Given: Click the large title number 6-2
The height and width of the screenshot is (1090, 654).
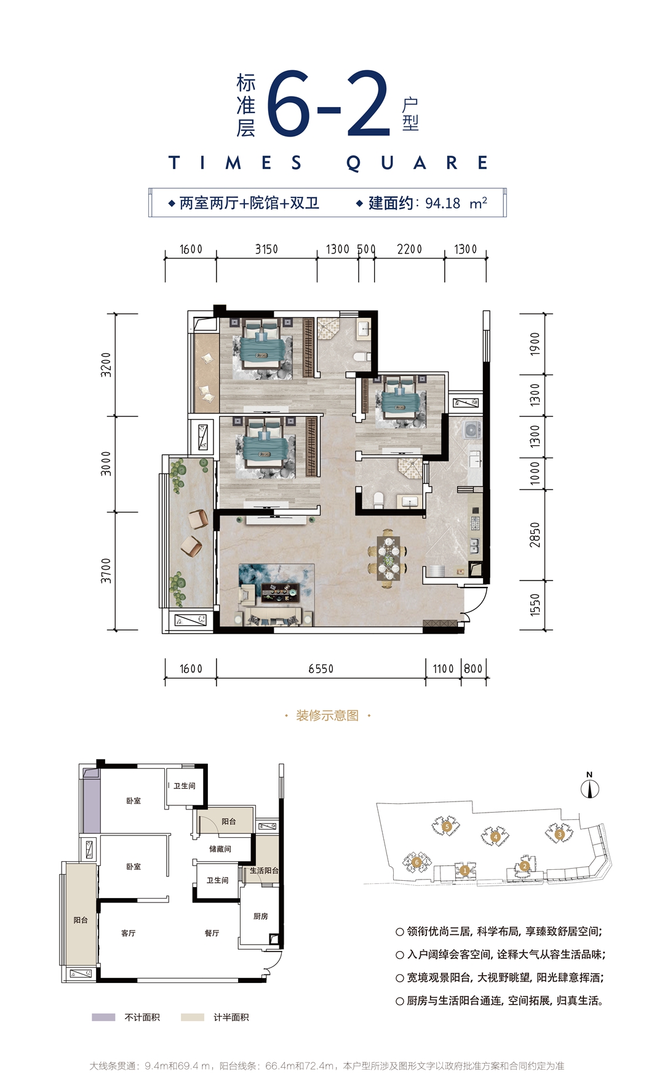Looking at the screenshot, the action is [x=329, y=104].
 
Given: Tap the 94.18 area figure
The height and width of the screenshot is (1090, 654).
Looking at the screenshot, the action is [x=442, y=203].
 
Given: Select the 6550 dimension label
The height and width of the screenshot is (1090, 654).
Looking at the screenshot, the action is [x=321, y=669].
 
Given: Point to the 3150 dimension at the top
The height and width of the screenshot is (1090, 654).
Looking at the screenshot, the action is [x=266, y=249].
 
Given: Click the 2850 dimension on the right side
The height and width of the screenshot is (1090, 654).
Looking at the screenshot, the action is [x=535, y=535].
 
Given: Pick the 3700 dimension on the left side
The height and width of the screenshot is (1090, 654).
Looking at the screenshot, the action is [x=106, y=570].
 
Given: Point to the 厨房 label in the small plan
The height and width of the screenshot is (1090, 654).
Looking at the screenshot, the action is [x=261, y=916].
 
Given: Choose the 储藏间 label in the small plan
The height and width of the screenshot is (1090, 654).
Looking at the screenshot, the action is [x=220, y=849].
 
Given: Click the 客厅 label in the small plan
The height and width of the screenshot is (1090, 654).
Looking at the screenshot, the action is [x=129, y=933].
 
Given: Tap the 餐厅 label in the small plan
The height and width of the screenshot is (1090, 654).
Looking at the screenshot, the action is [x=212, y=933].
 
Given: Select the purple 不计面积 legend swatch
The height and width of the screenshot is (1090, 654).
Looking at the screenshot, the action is [x=103, y=1017].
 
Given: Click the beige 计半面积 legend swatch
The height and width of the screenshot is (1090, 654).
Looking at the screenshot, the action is [x=193, y=1017].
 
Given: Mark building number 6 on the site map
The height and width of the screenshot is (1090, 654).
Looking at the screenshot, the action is [x=417, y=862].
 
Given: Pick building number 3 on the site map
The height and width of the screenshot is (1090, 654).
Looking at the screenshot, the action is [x=559, y=834].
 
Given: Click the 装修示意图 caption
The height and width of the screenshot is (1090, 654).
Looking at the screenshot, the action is [x=327, y=715].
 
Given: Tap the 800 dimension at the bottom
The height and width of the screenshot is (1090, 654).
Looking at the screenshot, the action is [x=473, y=669].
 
